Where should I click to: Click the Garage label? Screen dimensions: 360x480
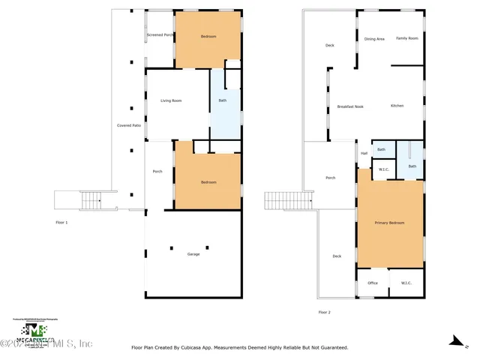pos(193,255)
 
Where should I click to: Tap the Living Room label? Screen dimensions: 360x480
pos(171,100)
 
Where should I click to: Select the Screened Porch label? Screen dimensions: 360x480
pos(160,35)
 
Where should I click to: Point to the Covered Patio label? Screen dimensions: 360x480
pos(129,125)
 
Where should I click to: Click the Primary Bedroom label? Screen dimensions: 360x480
pos(390,223)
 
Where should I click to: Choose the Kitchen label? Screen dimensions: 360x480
pos(397,106)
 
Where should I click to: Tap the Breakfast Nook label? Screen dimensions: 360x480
pos(350,106)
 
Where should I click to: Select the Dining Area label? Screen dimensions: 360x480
pos(374,39)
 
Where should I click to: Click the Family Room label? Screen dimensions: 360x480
pos(407,39)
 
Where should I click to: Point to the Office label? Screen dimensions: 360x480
pos(372,283)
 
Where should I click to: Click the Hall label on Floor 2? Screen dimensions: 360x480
pos(364,154)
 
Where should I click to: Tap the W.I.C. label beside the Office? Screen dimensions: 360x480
pos(406,283)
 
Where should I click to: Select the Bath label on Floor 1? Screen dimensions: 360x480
pos(222,100)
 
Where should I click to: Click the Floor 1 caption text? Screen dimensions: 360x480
pos(61,223)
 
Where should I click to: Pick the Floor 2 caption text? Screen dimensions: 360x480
pos(324,311)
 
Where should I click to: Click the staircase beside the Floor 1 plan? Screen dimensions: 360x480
pos(90,200)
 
